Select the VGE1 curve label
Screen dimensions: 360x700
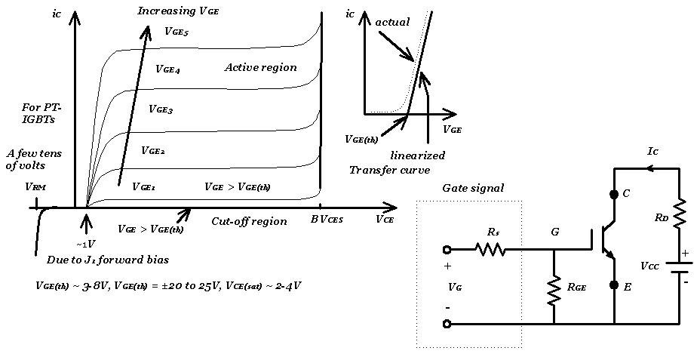point(143,186)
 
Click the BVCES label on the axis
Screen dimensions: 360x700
point(326,219)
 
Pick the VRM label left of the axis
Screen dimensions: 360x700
point(35,186)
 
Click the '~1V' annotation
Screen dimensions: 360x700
point(85,244)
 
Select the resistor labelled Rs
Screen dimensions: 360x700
point(490,248)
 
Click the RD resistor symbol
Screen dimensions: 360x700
point(679,213)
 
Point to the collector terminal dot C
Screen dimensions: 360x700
point(614,195)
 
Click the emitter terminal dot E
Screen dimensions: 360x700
point(614,285)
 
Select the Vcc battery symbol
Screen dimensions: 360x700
point(679,266)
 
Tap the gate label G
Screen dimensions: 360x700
point(554,232)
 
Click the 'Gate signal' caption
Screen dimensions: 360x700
point(473,188)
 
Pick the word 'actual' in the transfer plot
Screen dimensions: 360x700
point(392,23)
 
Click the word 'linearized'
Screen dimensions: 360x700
point(418,155)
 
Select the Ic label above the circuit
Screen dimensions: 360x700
point(653,152)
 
